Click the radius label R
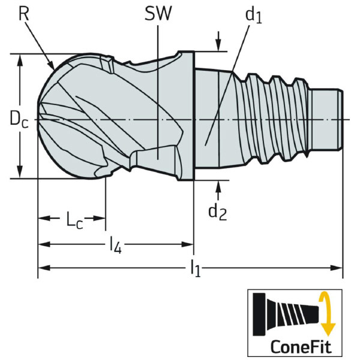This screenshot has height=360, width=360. (24, 13)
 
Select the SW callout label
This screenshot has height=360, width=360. (157, 13)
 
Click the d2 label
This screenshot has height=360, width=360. (217, 211)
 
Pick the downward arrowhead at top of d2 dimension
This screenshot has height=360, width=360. (218, 46)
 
